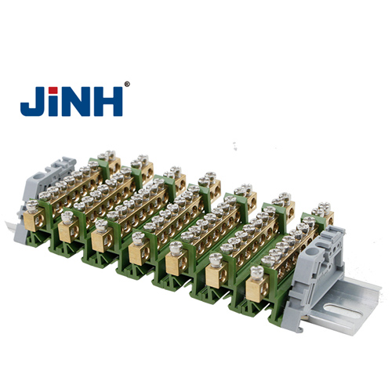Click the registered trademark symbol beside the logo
point(127,84)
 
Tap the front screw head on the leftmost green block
point(67,216)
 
